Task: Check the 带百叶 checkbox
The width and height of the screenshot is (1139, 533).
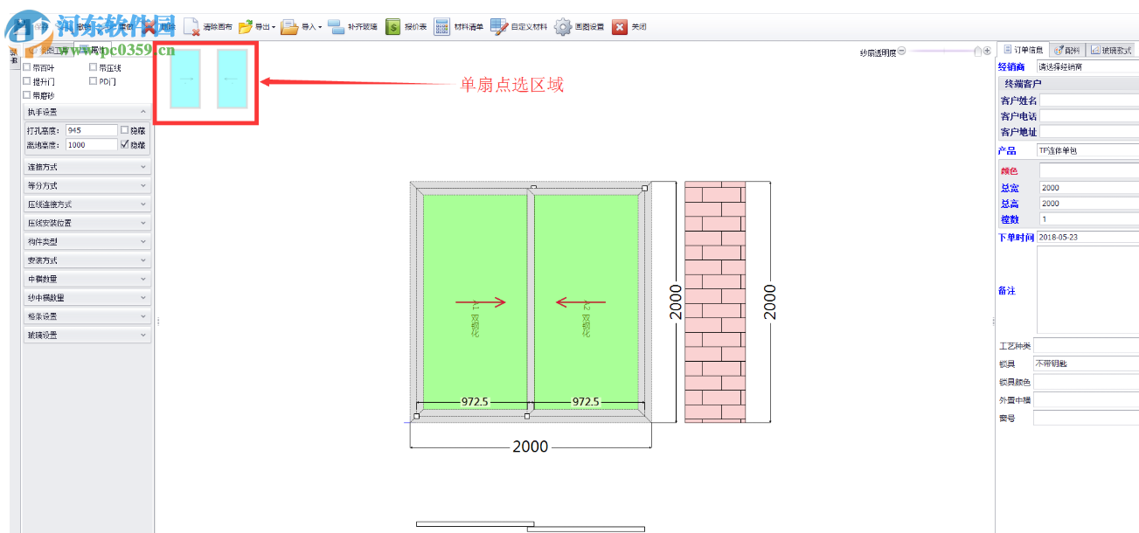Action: pos(27,67)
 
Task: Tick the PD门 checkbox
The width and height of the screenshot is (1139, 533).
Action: pos(93,81)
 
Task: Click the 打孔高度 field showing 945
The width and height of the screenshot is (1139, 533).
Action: pos(90,130)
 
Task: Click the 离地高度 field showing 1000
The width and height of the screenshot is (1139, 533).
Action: pos(90,145)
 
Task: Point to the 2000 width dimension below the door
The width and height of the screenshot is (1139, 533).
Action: pos(530,446)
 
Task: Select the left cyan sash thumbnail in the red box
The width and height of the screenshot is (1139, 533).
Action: pos(185,79)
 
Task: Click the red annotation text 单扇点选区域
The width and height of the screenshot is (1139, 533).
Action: pos(512,85)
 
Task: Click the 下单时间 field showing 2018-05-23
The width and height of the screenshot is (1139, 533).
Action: pos(1087,238)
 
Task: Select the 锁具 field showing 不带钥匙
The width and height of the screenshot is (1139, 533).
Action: pos(1085,363)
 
